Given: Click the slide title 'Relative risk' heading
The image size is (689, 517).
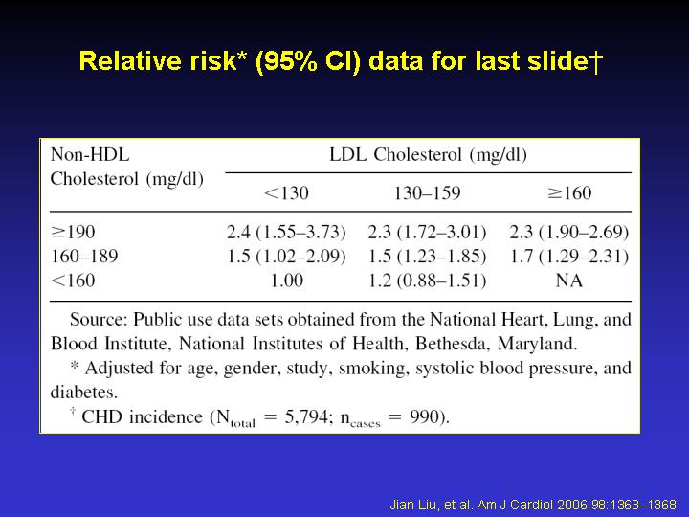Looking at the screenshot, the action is tap(341, 60).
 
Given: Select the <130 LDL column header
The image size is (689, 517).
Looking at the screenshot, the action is tap(286, 193).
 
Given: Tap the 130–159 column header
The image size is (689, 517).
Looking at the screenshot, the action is tap(427, 193).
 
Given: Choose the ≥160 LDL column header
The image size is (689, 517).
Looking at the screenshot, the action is tap(569, 193).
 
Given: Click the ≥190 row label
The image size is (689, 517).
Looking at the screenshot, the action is tap(73, 232).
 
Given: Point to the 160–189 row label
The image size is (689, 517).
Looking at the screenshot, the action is tap(84, 256).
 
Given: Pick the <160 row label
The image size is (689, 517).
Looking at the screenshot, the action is tap(73, 281).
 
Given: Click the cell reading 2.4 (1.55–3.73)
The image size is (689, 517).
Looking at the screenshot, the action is tap(286, 232).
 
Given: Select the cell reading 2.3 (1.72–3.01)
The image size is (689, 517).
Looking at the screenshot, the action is tap(428, 232).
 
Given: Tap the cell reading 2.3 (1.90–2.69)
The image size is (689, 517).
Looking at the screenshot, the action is tap(569, 232).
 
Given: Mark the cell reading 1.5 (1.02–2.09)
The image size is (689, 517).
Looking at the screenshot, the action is tap(286, 257).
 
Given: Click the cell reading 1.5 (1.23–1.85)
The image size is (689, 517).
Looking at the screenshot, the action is tap(428, 257).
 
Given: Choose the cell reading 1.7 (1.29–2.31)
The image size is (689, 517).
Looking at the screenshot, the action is tap(569, 257).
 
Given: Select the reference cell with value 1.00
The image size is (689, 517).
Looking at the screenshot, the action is tap(286, 281).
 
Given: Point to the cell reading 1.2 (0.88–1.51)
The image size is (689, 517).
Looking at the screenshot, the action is tap(428, 281).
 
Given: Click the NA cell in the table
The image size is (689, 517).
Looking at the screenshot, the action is tap(569, 281).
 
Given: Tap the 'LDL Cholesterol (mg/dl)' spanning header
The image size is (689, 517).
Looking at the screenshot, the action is tap(429, 155).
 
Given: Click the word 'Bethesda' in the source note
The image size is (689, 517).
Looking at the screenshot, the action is tap(453, 344).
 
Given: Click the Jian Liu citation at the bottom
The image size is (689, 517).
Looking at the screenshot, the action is tap(533, 505).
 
